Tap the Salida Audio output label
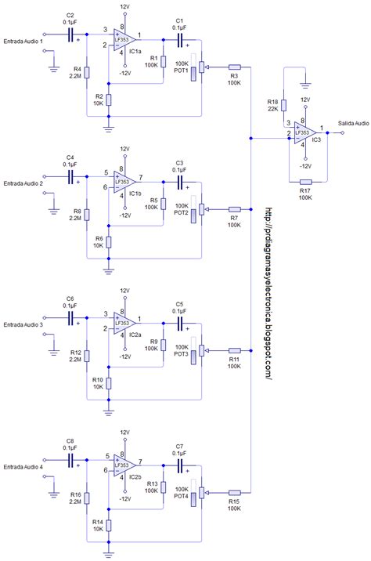pos(353,123)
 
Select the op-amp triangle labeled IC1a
pos(123,40)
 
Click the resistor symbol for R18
pos(285,106)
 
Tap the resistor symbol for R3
pos(234,67)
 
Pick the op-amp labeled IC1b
pos(123,182)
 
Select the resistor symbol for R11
pos(234,351)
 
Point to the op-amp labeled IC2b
pos(123,465)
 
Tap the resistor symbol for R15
pos(234,493)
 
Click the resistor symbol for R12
pos(88,357)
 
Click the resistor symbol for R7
pos(234,209)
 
